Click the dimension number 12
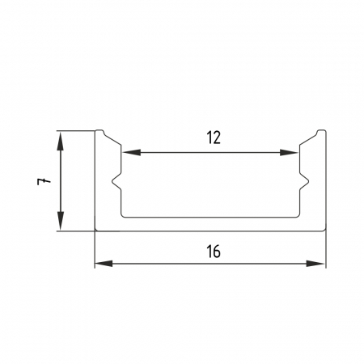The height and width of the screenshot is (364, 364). [214, 138]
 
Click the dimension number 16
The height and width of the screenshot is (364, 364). [214, 252]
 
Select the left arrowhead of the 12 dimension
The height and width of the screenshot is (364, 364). [131, 152]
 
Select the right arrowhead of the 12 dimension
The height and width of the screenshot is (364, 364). [289, 152]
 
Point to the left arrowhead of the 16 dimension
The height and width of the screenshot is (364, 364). [104, 264]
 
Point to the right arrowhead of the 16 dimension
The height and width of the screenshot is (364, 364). [315, 264]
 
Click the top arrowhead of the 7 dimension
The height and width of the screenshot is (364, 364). [61, 141]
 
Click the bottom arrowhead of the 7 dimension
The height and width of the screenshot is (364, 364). [61, 221]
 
